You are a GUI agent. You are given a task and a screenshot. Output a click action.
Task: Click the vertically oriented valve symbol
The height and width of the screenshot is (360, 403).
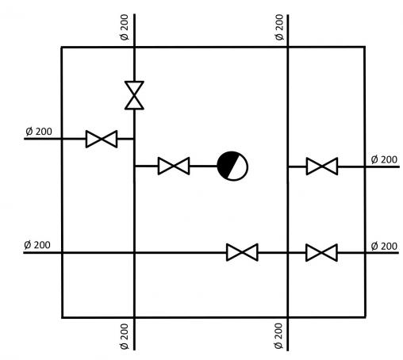pyautogui.click(x=134, y=95)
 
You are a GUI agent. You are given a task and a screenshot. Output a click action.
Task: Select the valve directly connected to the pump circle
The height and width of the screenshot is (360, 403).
pyautogui.click(x=174, y=166)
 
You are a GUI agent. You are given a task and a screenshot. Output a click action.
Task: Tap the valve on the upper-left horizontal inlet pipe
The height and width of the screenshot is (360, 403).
pyautogui.click(x=102, y=139)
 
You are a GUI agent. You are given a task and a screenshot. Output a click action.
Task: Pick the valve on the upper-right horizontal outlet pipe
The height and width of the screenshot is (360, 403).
pyautogui.click(x=322, y=167)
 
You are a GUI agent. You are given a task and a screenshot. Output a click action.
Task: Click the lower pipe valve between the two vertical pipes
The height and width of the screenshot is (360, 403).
pyautogui.click(x=242, y=252)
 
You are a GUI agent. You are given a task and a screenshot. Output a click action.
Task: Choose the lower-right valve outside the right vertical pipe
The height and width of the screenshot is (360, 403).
pyautogui.click(x=321, y=253)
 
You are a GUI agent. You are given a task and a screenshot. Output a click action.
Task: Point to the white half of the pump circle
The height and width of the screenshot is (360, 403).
pyautogui.click(x=239, y=169)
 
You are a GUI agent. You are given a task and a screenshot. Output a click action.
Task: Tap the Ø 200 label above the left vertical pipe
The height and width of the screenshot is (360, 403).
pyautogui.click(x=124, y=27)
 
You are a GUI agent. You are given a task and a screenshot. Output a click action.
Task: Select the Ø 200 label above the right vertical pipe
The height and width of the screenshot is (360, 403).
pyautogui.click(x=279, y=27)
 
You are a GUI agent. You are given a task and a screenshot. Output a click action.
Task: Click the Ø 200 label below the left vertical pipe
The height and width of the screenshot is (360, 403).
pyautogui.click(x=124, y=336)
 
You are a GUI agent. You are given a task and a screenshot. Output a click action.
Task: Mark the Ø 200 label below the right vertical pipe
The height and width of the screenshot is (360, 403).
pyautogui.click(x=278, y=335)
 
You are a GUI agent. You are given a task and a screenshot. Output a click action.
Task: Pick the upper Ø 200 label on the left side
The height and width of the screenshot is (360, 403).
pyautogui.click(x=39, y=132)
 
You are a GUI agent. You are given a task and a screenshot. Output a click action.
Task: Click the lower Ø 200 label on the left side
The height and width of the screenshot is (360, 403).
pyautogui.click(x=37, y=245)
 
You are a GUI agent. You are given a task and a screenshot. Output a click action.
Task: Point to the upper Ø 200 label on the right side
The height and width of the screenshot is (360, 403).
pyautogui.click(x=384, y=159)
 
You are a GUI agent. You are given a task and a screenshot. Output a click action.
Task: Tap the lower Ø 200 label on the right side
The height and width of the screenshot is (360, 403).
pyautogui.click(x=384, y=247)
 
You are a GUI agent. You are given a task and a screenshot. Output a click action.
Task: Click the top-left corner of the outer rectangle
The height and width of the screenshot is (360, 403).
pyautogui.click(x=62, y=48)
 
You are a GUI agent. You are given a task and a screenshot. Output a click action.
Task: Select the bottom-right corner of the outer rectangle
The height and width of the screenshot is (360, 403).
pyautogui.click(x=366, y=317)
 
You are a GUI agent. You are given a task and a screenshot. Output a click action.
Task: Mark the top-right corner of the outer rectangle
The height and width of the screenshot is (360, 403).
pyautogui.click(x=365, y=47)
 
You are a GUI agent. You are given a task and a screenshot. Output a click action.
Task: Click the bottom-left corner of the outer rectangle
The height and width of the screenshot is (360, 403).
pyautogui.click(x=63, y=317)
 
